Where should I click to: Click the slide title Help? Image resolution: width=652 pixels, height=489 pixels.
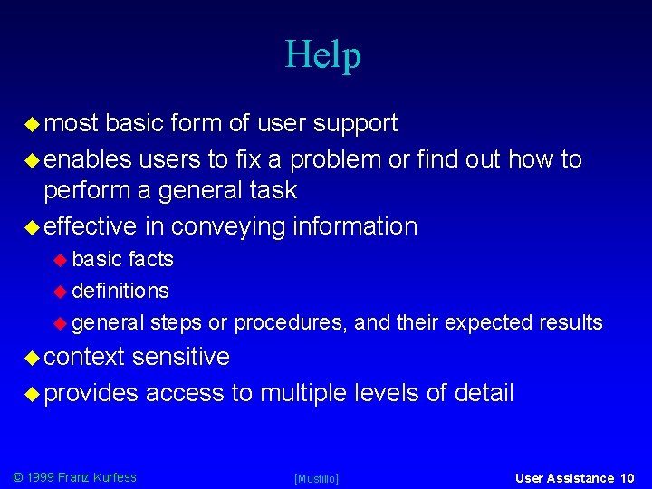[323, 54]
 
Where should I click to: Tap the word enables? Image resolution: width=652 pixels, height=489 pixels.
[86, 159]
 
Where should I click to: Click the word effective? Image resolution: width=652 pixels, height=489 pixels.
[90, 225]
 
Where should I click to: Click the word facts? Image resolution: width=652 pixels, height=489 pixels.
[150, 259]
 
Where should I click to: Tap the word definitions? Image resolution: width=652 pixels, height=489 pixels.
[120, 291]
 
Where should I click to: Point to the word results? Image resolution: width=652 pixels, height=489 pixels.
[570, 322]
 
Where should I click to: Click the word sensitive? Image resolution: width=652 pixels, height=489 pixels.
[180, 357]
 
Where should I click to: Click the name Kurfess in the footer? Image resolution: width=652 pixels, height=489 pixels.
[114, 477]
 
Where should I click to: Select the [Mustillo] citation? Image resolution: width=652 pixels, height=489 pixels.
[317, 478]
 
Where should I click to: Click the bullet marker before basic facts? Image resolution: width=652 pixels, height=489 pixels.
[61, 260]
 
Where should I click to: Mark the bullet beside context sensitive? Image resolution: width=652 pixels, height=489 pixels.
[33, 358]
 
